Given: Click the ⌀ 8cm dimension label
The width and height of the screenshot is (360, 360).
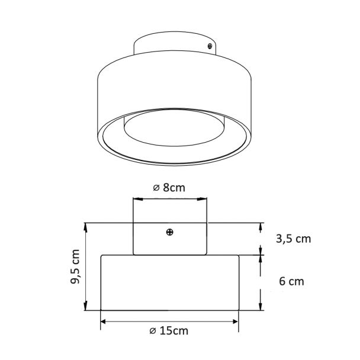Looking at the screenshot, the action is click(x=169, y=188).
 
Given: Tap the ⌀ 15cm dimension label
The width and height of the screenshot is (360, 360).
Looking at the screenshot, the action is click(x=169, y=331).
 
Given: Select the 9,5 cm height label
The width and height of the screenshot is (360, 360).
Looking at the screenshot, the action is click(x=75, y=266).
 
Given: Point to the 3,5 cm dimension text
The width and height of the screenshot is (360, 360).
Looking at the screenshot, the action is click(x=294, y=239).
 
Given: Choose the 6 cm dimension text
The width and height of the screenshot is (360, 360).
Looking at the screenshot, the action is click(x=291, y=281).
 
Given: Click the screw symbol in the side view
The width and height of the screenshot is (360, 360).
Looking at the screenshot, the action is click(x=170, y=232).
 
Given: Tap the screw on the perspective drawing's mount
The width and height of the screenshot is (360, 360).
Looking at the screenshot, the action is click(x=210, y=46).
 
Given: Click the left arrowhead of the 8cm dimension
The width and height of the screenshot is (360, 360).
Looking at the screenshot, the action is click(x=138, y=199).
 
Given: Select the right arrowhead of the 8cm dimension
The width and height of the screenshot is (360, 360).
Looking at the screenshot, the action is click(x=202, y=199).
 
